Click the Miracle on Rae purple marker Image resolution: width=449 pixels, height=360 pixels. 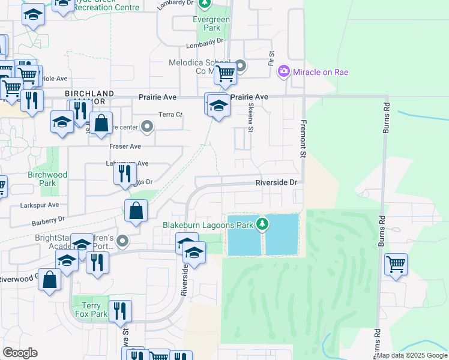tap(283, 72)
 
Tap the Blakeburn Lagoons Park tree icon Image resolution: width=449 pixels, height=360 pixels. tap(262, 225)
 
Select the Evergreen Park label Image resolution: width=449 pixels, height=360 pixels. tap(194, 23)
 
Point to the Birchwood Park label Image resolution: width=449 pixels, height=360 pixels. tap(47, 179)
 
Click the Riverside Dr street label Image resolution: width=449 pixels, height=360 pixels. tap(276, 182)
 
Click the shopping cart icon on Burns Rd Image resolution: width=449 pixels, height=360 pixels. tap(396, 263)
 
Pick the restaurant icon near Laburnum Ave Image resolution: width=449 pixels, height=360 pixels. tap(124, 173)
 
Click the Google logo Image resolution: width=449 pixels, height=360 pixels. tap(20, 352)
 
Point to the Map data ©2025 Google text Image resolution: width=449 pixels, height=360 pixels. tap(412, 355)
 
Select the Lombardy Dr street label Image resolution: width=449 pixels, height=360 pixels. tap(204, 41)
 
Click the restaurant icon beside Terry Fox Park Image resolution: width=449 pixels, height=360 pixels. tap(120, 310)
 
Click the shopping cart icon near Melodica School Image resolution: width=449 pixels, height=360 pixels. tap(225, 73)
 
